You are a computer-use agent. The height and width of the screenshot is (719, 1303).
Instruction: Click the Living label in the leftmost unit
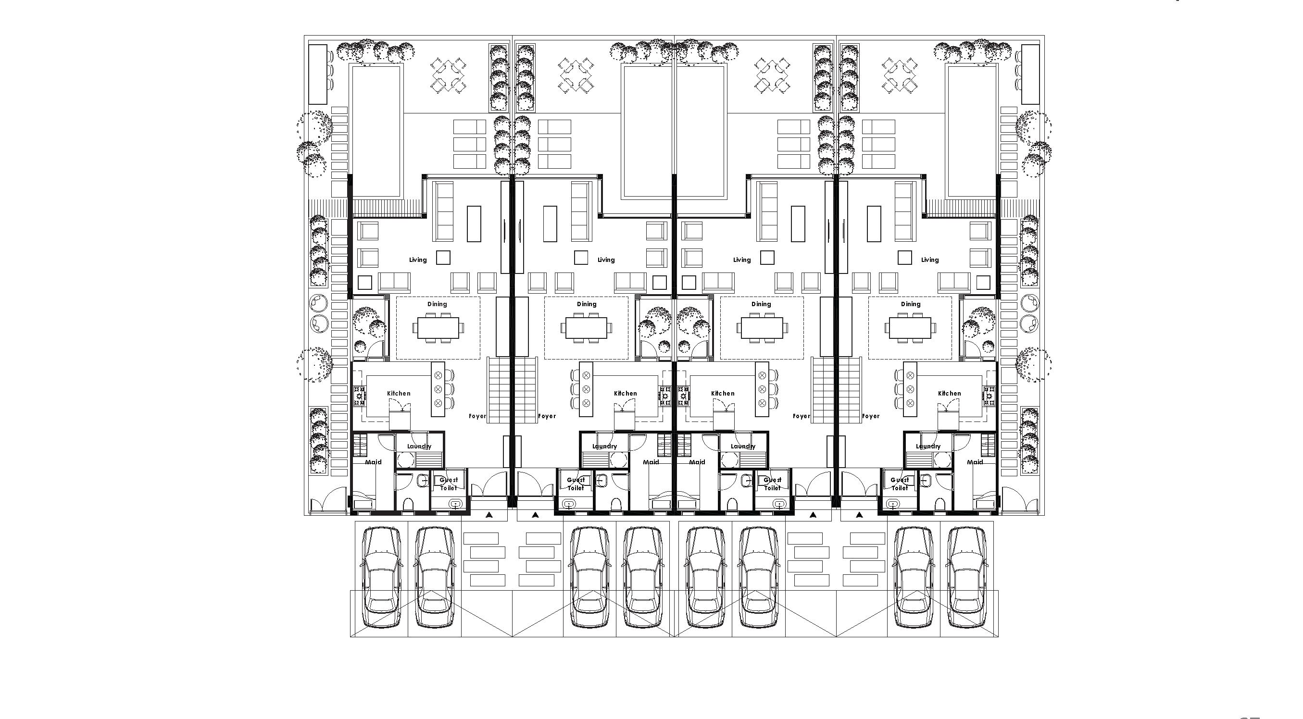pyautogui.click(x=418, y=260)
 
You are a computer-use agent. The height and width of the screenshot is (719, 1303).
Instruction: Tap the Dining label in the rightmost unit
pyautogui.click(x=911, y=304)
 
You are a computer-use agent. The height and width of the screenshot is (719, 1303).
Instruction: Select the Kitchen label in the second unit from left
pyautogui.click(x=625, y=393)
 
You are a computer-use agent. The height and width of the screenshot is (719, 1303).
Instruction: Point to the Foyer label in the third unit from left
pyautogui.click(x=801, y=416)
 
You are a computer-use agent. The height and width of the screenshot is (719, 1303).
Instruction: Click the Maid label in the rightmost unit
pyautogui.click(x=975, y=462)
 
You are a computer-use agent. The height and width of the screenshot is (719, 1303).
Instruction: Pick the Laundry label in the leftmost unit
pyautogui.click(x=419, y=446)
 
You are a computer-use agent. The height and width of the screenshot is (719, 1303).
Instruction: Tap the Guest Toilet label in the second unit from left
pyautogui.click(x=576, y=484)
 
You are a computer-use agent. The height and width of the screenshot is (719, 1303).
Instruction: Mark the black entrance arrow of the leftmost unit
pyautogui.click(x=489, y=515)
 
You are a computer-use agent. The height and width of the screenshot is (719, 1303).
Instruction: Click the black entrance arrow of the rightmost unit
pyautogui.click(x=859, y=515)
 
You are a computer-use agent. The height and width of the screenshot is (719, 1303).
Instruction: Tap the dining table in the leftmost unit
pyautogui.click(x=438, y=328)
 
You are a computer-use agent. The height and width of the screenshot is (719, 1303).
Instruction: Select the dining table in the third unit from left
pyautogui.click(x=762, y=328)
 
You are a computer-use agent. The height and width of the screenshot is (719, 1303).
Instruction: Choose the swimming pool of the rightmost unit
pyautogui.click(x=971, y=132)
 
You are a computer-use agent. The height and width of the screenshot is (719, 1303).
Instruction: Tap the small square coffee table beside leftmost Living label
pyautogui.click(x=443, y=258)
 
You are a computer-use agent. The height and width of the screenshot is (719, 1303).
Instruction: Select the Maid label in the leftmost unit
pyautogui.click(x=373, y=462)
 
